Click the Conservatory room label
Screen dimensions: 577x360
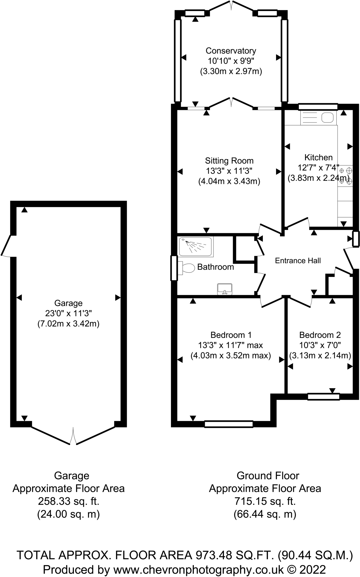point(231,51)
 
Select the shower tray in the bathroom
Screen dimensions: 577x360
point(195,247)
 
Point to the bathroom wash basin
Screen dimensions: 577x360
point(225,289)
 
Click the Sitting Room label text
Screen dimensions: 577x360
point(229,161)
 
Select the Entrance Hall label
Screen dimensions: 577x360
point(298,261)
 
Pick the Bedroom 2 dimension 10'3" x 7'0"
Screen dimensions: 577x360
point(320,345)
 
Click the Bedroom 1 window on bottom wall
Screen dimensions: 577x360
point(228,424)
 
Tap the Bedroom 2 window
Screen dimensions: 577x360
point(323,397)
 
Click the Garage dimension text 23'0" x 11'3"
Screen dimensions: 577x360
point(68,313)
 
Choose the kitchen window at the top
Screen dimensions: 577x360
point(318,107)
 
